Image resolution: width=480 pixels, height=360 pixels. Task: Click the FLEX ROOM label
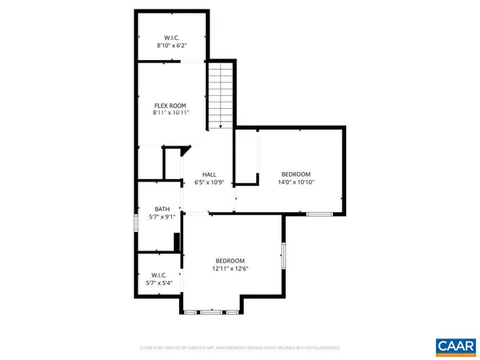[170, 106]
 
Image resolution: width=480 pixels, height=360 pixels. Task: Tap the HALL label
[209, 174]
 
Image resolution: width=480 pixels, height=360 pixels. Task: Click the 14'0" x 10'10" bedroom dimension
[295, 182]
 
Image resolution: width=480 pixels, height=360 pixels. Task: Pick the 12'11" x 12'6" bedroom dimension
[230, 269]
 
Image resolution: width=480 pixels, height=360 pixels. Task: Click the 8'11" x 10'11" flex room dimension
[170, 114]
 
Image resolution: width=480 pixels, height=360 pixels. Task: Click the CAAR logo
[455, 346]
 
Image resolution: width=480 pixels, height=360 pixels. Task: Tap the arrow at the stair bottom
[220, 125]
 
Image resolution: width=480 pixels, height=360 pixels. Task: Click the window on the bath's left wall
[136, 220]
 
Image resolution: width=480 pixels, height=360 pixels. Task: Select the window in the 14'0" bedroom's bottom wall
[319, 214]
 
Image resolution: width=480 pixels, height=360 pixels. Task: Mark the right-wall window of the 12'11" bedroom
[282, 257]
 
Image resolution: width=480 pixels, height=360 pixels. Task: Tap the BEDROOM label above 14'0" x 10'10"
[295, 174]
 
